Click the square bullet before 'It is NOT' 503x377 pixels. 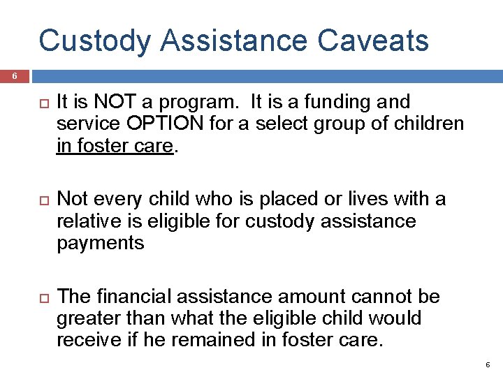(39, 103)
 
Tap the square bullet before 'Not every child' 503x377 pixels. (39, 200)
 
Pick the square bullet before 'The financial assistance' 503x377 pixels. (39, 297)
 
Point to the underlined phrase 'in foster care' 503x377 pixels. (115, 145)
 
